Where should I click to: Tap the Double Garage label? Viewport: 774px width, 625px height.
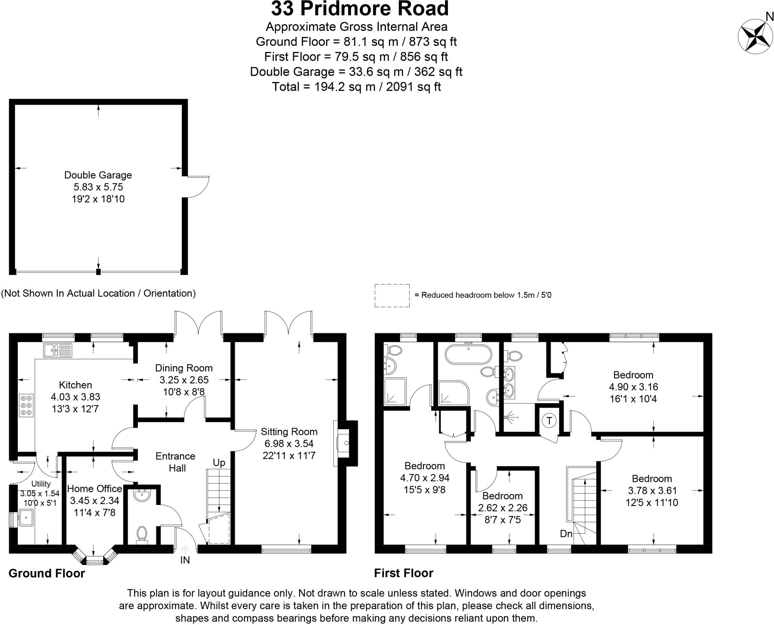pyautogui.click(x=98, y=175)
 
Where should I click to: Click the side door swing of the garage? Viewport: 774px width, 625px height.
pyautogui.click(x=197, y=187)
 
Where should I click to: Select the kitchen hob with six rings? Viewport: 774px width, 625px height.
pyautogui.click(x=26, y=405)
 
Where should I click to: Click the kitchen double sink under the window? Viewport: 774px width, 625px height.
pyautogui.click(x=57, y=350)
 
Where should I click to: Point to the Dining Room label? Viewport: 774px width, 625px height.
pyautogui.click(x=184, y=368)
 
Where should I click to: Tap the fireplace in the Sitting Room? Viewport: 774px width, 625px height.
pyautogui.click(x=345, y=444)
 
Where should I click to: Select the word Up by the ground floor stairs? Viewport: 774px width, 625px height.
pyautogui.click(x=219, y=463)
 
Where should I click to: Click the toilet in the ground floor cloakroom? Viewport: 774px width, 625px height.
pyautogui.click(x=142, y=534)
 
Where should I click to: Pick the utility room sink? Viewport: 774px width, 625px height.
pyautogui.click(x=26, y=517)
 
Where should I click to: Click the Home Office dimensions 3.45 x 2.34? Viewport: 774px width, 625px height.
pyautogui.click(x=94, y=500)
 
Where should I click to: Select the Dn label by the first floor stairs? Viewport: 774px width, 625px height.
pyautogui.click(x=566, y=534)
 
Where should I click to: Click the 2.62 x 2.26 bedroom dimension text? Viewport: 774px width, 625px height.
pyautogui.click(x=503, y=508)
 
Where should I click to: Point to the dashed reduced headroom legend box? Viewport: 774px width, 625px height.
pyautogui.click(x=392, y=295)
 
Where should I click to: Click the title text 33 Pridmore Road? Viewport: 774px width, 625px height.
pyautogui.click(x=359, y=9)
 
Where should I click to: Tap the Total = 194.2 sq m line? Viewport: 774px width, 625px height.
pyautogui.click(x=356, y=87)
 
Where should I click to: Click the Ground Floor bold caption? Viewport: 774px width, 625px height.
pyautogui.click(x=47, y=573)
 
